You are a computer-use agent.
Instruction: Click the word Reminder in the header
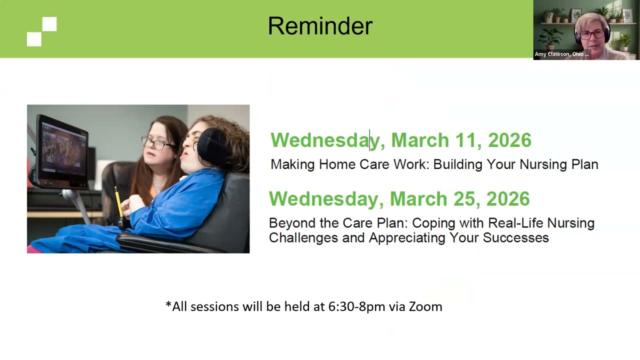tap(320, 26)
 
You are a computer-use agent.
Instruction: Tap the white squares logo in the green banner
tap(42, 31)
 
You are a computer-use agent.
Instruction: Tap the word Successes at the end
tap(515, 237)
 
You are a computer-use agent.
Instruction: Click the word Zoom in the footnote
tap(425, 306)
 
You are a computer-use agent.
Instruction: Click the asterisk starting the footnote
tap(168, 304)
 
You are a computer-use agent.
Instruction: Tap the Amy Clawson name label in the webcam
tap(561, 54)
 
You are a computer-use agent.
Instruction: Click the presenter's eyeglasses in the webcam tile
tap(591, 34)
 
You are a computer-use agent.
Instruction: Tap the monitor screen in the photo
tap(62, 150)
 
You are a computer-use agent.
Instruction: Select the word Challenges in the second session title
tap(303, 237)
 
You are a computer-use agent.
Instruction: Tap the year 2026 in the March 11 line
tap(509, 140)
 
